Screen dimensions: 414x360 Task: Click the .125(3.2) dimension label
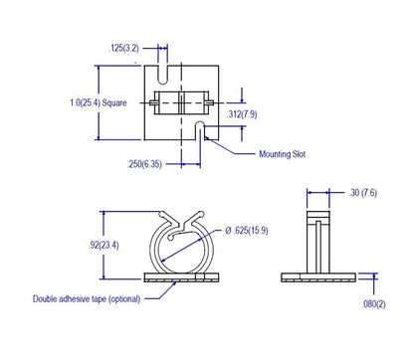123,49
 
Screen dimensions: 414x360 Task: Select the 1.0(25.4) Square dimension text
99,102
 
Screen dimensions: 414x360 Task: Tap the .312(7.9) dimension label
242,114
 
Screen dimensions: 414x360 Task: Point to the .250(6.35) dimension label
144,164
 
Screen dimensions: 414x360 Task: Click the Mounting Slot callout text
283,154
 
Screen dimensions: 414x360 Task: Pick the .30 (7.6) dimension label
362,193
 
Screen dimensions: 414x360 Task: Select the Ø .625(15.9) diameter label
247,231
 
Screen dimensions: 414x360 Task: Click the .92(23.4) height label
103,246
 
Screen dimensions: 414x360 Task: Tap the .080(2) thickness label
373,304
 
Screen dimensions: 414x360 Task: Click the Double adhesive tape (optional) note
87,299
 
